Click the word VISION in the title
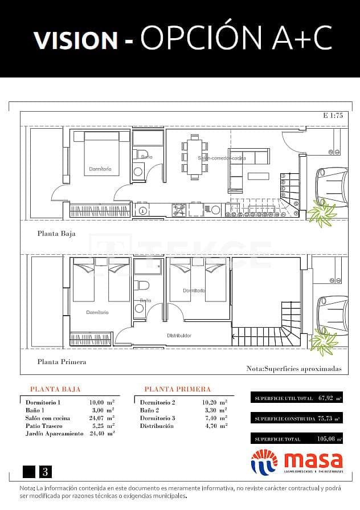click(x=75, y=39)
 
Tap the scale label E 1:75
click(x=332, y=116)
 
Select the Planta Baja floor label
click(x=56, y=233)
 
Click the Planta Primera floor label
click(x=62, y=361)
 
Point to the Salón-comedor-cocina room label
click(x=222, y=158)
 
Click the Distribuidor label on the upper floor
click(x=179, y=335)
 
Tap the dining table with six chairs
click(x=195, y=154)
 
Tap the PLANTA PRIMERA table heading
click(x=177, y=389)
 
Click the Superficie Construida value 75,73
click(x=324, y=419)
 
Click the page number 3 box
click(x=44, y=471)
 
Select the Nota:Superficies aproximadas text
click(x=294, y=369)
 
